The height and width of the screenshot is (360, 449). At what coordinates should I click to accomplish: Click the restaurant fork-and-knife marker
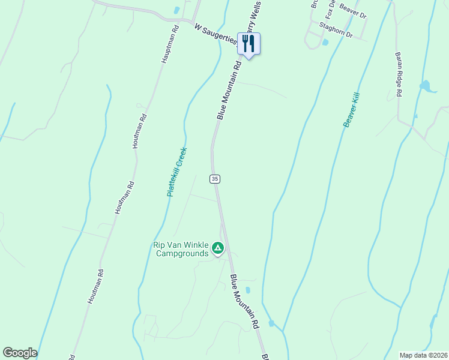[249, 44]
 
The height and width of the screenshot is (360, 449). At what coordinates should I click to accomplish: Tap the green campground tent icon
[218, 248]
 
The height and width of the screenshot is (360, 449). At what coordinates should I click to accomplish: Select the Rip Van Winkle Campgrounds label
[181, 249]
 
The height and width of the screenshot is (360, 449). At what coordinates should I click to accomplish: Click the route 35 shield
[215, 179]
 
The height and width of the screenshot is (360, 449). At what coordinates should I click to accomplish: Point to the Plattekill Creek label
[177, 172]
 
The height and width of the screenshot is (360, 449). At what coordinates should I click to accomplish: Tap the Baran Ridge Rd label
[399, 74]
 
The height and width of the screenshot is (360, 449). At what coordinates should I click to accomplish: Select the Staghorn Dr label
[336, 30]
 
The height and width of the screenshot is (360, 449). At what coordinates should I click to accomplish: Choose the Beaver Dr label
[352, 12]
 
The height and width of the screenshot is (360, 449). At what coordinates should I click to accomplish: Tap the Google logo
[20, 353]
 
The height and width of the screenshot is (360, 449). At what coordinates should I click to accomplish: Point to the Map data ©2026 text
[423, 355]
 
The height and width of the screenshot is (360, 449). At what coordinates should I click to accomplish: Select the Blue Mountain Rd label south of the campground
[244, 302]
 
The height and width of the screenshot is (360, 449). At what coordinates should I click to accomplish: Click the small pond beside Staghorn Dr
[325, 43]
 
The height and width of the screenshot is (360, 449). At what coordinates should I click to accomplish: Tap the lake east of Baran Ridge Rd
[426, 86]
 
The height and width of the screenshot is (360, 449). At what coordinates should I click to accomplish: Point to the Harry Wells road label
[250, 18]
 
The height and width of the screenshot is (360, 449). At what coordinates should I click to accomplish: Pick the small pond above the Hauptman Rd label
[176, 10]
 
